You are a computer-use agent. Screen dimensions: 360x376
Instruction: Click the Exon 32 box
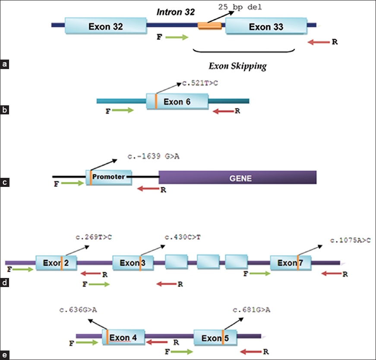pyautogui.click(x=106, y=27)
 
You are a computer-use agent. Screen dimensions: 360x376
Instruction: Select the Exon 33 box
pyautogui.click(x=266, y=27)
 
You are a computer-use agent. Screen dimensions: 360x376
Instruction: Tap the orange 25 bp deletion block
pyautogui.click(x=210, y=25)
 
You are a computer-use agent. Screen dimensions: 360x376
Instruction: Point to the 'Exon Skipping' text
pyautogui.click(x=237, y=66)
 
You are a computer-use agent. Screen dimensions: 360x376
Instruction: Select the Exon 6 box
pyautogui.click(x=177, y=102)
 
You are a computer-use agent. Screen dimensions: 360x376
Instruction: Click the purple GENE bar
pyautogui.click(x=237, y=177)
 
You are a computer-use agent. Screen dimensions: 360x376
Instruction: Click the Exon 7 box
pyautogui.click(x=290, y=263)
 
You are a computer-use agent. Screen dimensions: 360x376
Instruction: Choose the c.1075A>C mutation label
pyautogui.click(x=350, y=240)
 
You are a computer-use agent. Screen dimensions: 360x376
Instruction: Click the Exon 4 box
pyautogui.click(x=123, y=337)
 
